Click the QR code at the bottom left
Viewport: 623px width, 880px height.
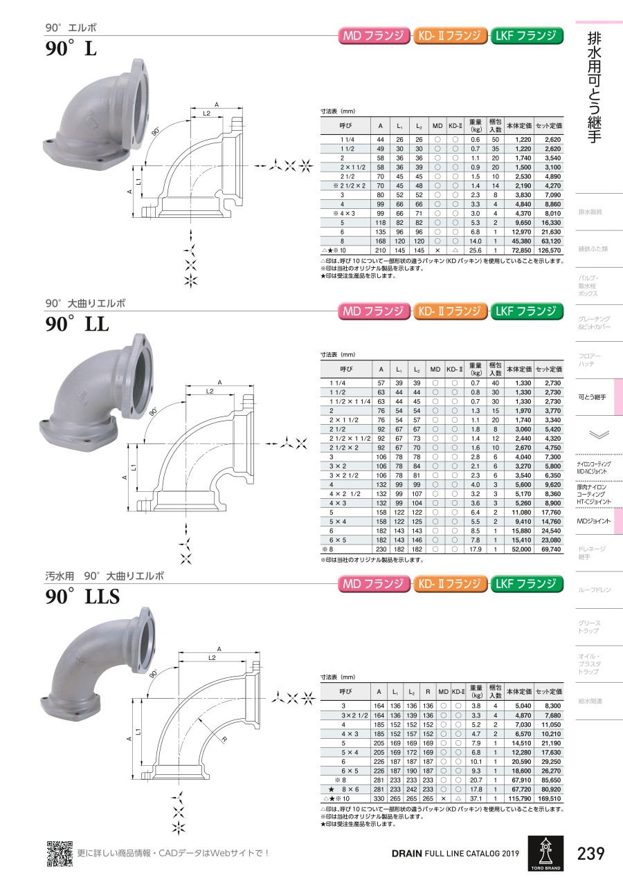[x=60, y=854]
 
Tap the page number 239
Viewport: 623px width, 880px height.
[x=590, y=853]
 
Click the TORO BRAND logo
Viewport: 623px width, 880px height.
[x=545, y=853]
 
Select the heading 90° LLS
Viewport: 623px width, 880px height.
[x=82, y=596]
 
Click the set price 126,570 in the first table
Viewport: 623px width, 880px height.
[x=549, y=250]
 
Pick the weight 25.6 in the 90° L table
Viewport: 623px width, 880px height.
[x=475, y=250]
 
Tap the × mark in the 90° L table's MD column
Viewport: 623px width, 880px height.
[x=437, y=250]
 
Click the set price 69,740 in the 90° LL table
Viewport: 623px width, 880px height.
[x=551, y=549]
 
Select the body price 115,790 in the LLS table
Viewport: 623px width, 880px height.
[x=520, y=798]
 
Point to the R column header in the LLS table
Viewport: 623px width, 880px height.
[x=428, y=692]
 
